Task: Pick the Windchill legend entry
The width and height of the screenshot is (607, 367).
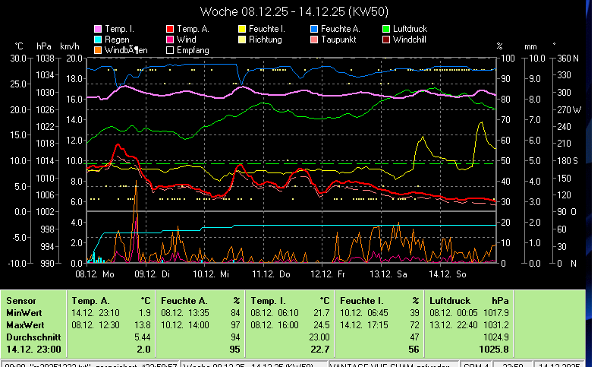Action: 414,40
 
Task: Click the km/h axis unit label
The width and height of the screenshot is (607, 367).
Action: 69,46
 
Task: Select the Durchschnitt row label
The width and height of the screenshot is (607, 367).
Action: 31,336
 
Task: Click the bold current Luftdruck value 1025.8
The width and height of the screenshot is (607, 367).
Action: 493,349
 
